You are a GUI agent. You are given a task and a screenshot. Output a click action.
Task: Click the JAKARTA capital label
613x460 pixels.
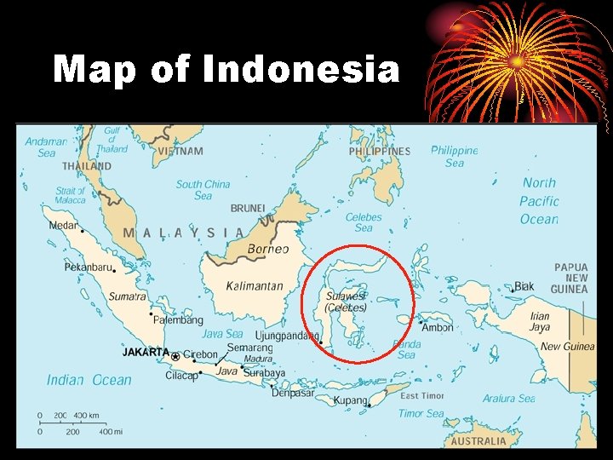146,352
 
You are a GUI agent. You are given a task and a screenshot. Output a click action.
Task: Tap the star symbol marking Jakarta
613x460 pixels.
175,356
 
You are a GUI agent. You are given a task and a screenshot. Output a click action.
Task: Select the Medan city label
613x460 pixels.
62,226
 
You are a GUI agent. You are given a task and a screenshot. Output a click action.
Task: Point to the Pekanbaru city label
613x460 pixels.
89,267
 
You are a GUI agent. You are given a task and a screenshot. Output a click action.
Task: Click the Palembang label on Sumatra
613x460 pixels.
179,320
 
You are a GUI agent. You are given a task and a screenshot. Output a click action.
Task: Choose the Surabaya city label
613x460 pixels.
264,373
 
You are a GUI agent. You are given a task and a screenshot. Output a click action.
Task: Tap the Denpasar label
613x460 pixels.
292,393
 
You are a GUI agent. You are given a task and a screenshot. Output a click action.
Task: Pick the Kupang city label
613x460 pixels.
350,400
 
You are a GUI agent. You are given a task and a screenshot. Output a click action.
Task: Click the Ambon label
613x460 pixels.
438,327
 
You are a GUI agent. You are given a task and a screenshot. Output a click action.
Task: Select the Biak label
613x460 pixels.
524,286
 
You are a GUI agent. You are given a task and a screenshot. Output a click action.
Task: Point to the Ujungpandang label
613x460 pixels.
287,336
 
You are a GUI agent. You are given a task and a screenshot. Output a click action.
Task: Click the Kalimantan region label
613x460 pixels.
255,286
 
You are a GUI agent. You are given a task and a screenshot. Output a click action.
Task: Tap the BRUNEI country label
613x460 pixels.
248,208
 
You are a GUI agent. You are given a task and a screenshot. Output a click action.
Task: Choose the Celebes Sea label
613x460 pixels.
364,222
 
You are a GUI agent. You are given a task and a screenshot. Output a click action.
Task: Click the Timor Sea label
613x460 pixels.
421,414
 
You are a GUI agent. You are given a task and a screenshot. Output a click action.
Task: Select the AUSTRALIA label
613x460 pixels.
478,441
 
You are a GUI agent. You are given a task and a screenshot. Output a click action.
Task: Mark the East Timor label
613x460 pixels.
422,396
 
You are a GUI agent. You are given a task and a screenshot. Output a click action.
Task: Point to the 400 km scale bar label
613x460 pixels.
86,416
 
